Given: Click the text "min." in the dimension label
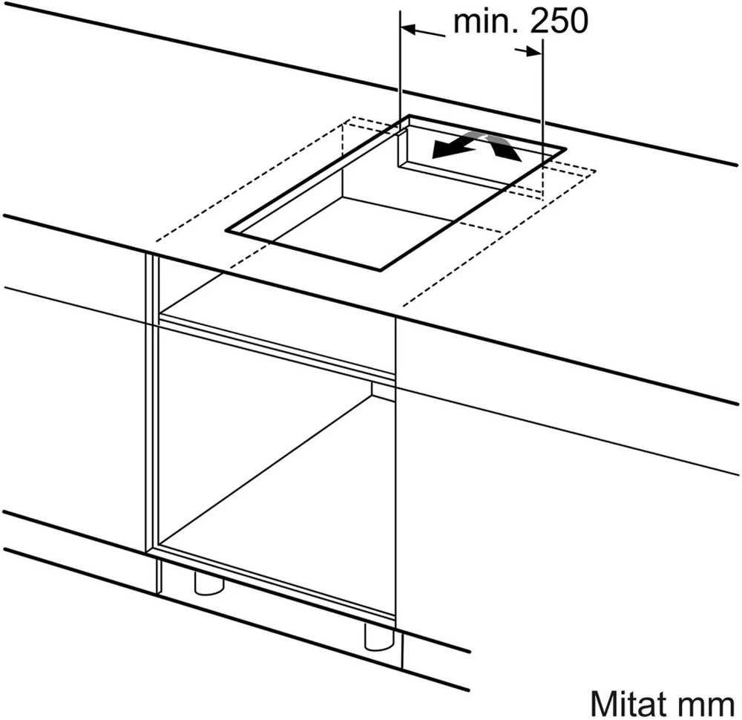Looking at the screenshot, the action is [x=487, y=22].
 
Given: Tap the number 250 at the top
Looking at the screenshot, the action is [x=559, y=22].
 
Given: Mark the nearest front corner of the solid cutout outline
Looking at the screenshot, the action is [x=380, y=270].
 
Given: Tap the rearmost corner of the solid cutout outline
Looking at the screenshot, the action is [x=410, y=116].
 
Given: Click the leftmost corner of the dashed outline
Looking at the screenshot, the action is [x=156, y=241].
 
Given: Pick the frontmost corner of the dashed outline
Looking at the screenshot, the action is [x=402, y=305].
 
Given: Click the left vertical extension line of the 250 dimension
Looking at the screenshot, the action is [x=401, y=63].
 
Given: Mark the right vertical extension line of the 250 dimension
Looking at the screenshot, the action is [x=543, y=95].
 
